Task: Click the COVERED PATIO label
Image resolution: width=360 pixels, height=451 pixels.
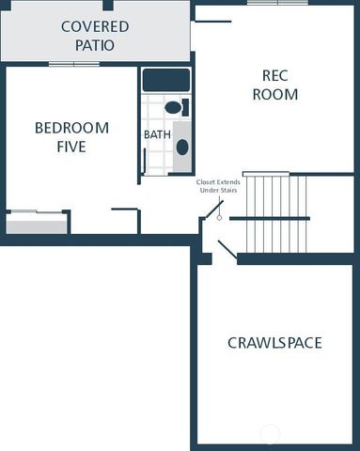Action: [95, 35]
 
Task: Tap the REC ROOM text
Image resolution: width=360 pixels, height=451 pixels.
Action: [279, 85]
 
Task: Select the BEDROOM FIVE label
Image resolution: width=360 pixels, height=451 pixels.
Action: [71, 137]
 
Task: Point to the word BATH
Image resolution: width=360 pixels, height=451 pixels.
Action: [156, 135]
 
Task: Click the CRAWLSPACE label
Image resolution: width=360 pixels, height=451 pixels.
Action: [274, 343]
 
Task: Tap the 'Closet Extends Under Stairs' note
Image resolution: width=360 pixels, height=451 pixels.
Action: [218, 186]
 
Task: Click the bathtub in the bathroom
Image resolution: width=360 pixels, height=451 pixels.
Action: [166, 80]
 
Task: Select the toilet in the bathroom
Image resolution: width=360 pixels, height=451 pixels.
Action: [175, 107]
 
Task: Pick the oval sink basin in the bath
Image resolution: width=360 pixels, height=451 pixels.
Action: [182, 147]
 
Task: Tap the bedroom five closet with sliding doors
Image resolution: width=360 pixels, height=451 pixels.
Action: [37, 223]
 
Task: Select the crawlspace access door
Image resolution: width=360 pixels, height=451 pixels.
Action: [227, 250]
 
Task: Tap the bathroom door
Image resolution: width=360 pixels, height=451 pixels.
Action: [144, 161]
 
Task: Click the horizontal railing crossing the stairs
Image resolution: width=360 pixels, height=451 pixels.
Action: [269, 218]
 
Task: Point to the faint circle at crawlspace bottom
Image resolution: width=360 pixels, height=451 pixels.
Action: [270, 433]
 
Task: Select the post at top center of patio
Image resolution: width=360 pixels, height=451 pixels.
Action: [108, 5]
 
